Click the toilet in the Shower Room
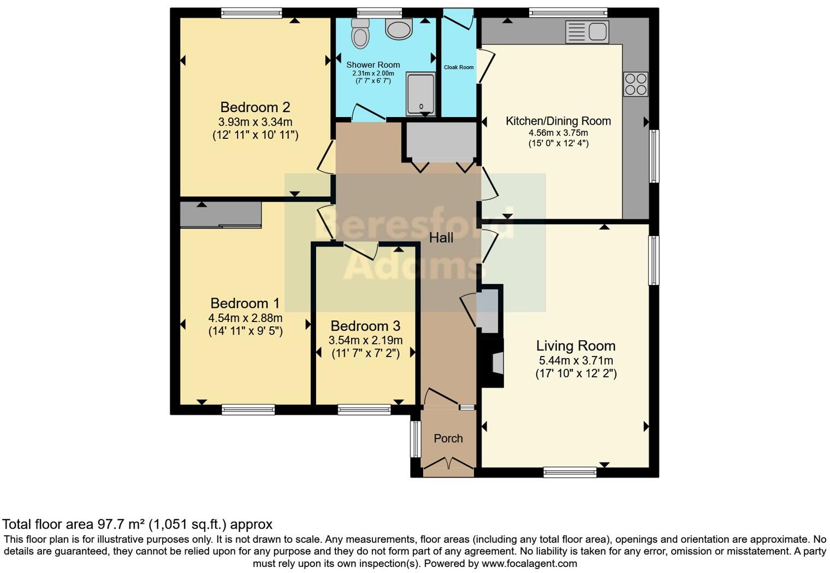point(360,33)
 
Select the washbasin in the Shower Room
point(399,29)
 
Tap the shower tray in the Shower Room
point(420,94)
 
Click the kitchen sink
point(588,32)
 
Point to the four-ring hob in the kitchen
point(636,84)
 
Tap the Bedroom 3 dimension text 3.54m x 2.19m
point(365,340)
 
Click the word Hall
point(441,238)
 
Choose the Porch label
point(448,438)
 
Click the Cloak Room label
point(459,67)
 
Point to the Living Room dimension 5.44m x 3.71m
point(576,360)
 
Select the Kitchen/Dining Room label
point(558,121)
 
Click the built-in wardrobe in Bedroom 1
point(221,214)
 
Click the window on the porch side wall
point(416,438)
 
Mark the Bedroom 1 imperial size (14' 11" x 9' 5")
point(245,331)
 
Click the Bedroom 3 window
point(364,410)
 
